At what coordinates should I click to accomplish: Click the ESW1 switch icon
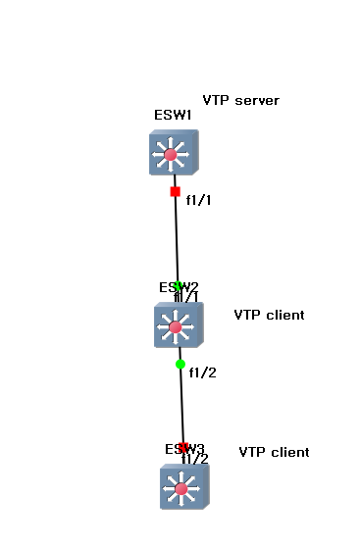coord(174,153)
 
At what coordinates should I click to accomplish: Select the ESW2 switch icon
coord(178,325)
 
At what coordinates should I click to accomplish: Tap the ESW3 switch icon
coord(183,487)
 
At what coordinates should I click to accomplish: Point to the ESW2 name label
coord(179,286)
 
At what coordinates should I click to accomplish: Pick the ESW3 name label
coord(184,449)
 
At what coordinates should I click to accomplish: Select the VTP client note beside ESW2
coord(269,315)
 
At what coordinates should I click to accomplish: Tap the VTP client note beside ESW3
coord(274,452)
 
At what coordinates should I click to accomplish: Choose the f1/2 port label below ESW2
coord(201,372)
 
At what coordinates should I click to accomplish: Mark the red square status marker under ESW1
coord(175,191)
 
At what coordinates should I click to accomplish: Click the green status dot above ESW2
coord(178,286)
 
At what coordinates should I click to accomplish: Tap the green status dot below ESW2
coord(180,364)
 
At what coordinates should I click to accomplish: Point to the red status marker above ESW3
coord(182,447)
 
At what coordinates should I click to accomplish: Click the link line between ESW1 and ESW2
coord(177,240)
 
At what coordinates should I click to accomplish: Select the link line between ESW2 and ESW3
coord(181,407)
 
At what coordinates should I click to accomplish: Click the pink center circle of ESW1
coord(174,153)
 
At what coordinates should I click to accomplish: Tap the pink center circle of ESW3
coord(181,488)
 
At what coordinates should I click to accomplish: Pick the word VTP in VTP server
coord(216,100)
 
